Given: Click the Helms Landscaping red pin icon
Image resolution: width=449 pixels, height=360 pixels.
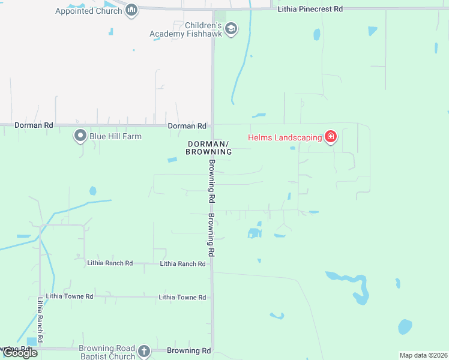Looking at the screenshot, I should coord(330,137).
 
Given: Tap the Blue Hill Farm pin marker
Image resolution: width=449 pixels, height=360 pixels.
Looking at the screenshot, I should coord(80,136).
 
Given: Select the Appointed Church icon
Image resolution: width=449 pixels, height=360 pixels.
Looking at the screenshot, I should coord(132,10).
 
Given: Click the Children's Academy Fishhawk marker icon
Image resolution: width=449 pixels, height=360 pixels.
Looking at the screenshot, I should coord(231,29).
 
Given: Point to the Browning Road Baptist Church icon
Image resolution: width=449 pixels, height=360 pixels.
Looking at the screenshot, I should coord(143,351).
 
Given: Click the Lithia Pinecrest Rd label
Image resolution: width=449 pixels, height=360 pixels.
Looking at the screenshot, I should coord(310,9).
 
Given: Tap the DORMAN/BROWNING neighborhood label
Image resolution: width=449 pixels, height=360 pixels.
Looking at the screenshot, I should coord(209,148).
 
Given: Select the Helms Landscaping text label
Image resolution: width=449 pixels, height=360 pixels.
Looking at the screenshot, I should coord(285,137).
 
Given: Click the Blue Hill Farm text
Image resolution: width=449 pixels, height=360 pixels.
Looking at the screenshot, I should coord(115,136).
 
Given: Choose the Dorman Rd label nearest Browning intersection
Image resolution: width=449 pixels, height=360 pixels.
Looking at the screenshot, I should coord(187,126).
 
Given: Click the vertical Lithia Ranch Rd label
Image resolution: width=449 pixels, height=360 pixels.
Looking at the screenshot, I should coord(40,320).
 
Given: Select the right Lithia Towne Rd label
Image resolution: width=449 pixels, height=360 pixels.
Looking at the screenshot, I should coord(182,297).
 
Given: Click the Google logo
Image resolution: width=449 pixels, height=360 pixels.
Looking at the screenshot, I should coord(19,353).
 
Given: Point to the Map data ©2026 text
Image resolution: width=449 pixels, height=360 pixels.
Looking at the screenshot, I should coord(423,355).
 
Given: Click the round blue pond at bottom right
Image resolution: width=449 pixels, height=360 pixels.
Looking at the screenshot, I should coord(405,326).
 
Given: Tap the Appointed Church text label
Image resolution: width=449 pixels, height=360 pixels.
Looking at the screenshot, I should coord(88,11).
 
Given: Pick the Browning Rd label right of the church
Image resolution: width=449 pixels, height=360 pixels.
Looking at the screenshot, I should coord(189,350).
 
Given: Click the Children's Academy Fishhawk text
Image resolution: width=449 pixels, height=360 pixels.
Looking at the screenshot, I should coord(186,30).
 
